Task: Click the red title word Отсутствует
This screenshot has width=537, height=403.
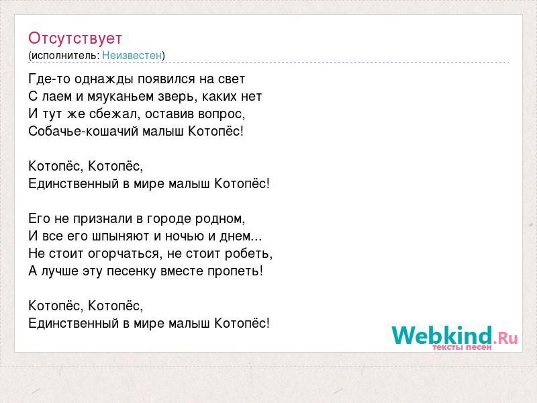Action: tap(75, 38)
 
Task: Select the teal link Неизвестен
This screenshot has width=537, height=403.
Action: tap(132, 55)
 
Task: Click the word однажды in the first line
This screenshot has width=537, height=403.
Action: tap(104, 79)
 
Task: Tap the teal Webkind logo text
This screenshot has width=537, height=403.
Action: tap(442, 335)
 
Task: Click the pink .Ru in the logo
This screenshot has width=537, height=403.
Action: tap(505, 339)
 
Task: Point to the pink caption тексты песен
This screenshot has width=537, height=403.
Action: tap(462, 347)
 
